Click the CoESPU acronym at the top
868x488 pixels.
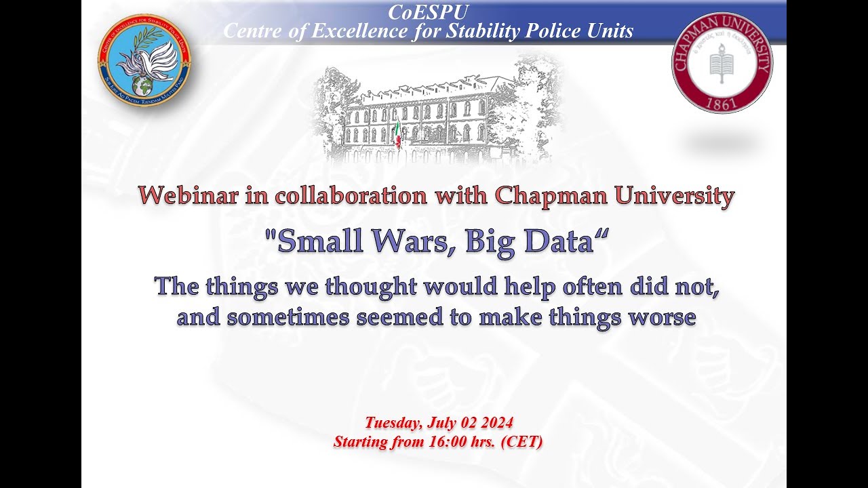428,12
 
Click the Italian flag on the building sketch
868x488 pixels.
398,132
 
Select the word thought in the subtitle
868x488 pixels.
370,287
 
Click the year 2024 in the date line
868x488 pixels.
497,423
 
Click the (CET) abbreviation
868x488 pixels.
520,442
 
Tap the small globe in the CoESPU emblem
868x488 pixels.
143,85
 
